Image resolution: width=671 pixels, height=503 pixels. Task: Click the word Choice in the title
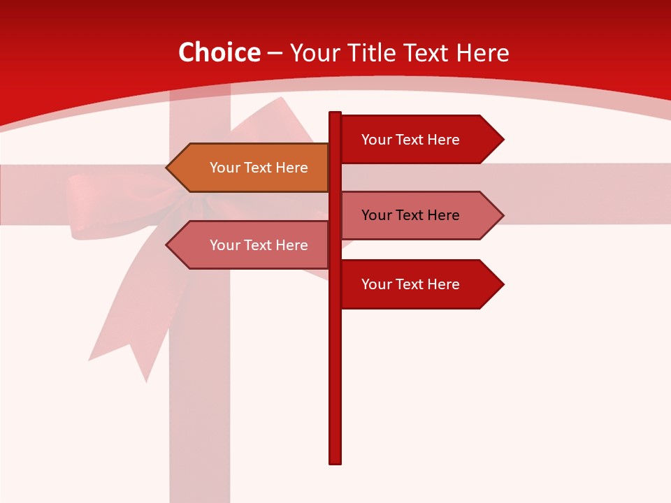click(x=219, y=53)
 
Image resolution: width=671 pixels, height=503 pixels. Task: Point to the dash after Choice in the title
click(x=275, y=54)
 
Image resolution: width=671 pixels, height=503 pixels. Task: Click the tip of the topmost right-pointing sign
click(x=503, y=140)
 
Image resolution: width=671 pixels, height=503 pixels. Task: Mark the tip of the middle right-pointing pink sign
click(x=503, y=215)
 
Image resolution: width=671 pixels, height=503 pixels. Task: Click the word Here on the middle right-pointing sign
click(x=443, y=215)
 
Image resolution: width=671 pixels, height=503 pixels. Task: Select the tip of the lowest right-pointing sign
click(x=503, y=284)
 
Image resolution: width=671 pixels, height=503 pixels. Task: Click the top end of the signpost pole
click(x=335, y=113)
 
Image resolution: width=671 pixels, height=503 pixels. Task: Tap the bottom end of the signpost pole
click(x=335, y=462)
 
